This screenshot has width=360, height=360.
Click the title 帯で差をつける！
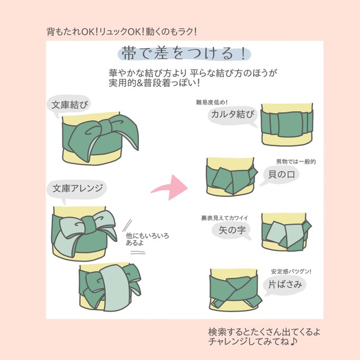(183, 53)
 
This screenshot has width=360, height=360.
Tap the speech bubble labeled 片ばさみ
(285, 284)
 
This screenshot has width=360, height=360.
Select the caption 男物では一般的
(295, 161)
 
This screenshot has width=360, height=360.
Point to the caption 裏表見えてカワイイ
(224, 218)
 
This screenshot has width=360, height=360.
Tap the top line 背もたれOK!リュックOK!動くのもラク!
(122, 31)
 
